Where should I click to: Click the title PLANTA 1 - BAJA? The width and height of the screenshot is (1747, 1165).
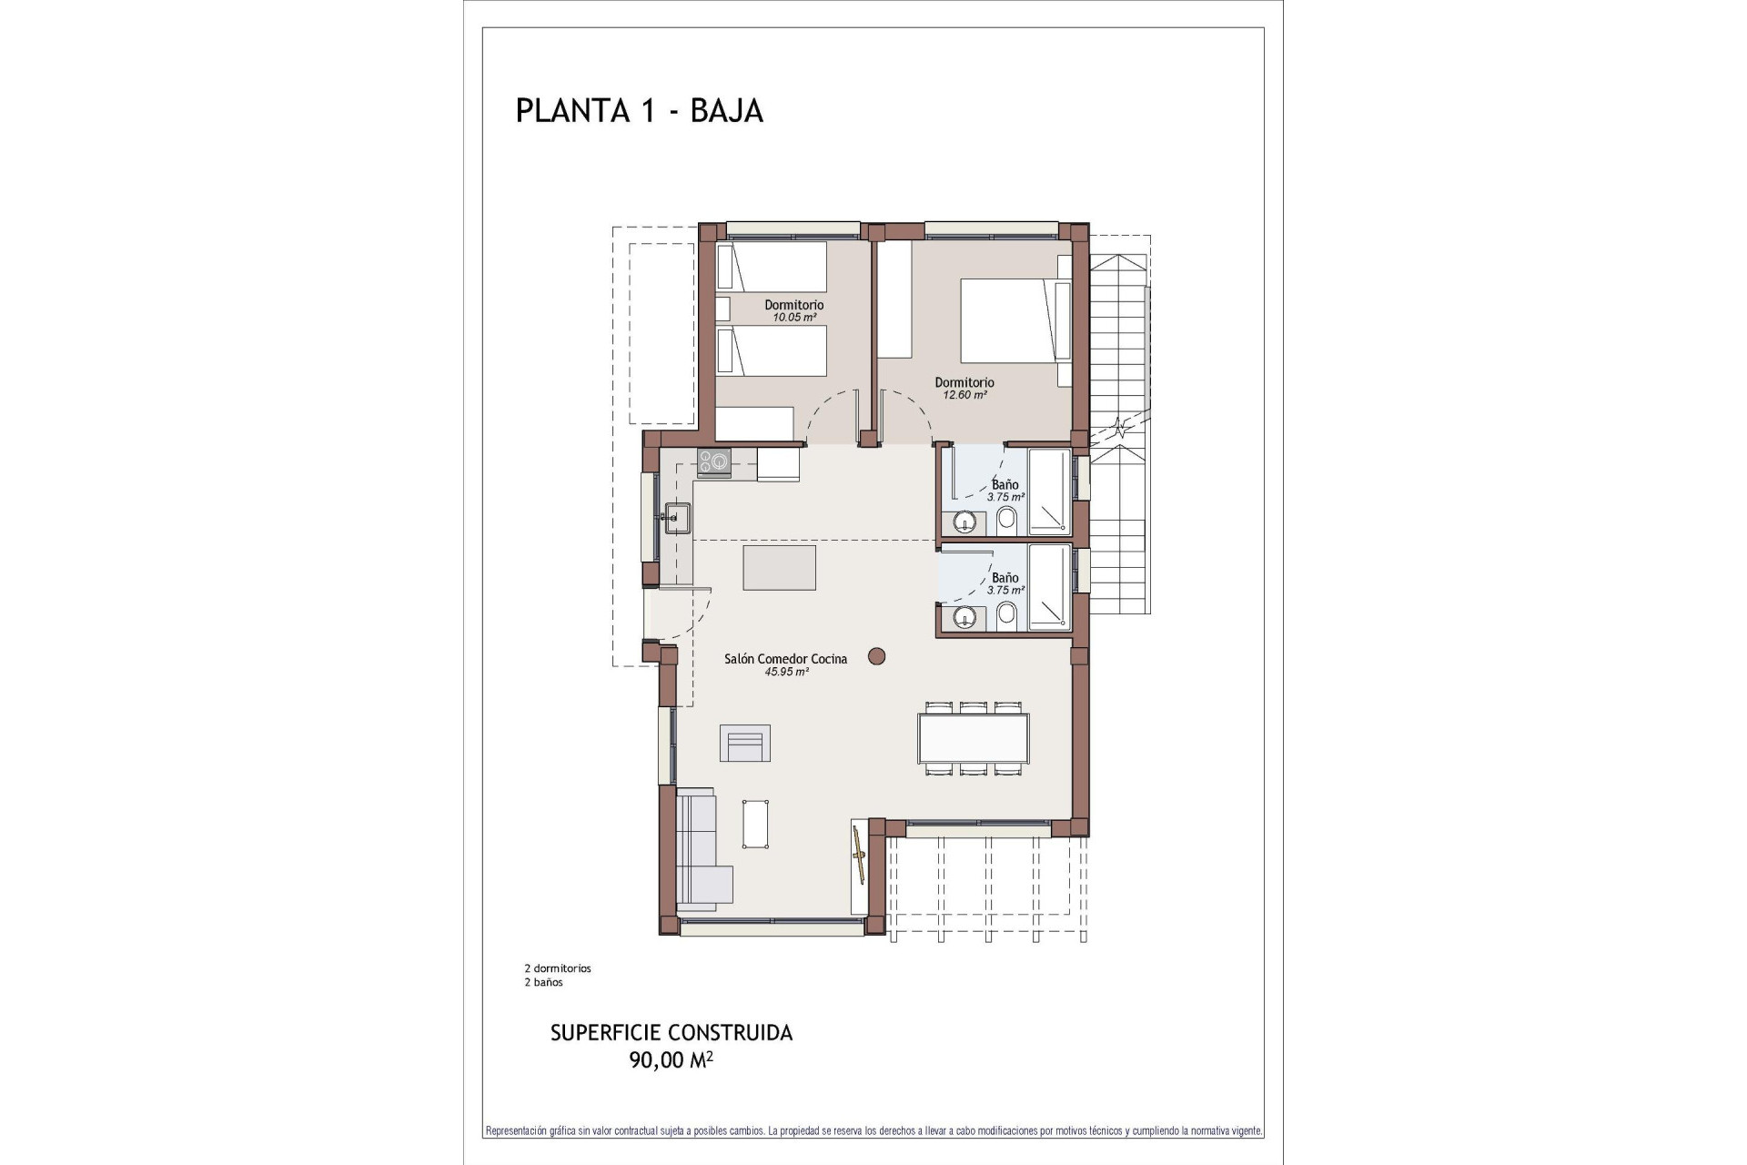pyautogui.click(x=639, y=110)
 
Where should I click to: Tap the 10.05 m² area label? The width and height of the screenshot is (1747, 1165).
pyautogui.click(x=793, y=318)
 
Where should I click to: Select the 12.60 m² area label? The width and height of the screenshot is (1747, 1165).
pyautogui.click(x=964, y=395)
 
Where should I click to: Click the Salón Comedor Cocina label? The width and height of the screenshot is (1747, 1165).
pyautogui.click(x=785, y=659)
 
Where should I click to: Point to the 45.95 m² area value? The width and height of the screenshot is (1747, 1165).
pyautogui.click(x=786, y=672)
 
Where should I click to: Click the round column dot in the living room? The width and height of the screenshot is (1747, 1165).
pyautogui.click(x=877, y=655)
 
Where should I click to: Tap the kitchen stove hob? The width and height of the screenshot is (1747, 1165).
pyautogui.click(x=713, y=462)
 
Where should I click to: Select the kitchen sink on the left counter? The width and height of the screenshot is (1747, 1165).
pyautogui.click(x=677, y=517)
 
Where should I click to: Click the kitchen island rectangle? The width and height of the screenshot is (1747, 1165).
pyautogui.click(x=779, y=568)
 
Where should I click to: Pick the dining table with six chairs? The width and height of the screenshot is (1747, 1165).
pyautogui.click(x=973, y=738)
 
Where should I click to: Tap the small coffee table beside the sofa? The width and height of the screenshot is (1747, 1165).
pyautogui.click(x=755, y=824)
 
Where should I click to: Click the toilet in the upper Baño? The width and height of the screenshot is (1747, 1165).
pyautogui.click(x=1006, y=521)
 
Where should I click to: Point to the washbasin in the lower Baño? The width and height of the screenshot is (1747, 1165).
pyautogui.click(x=964, y=618)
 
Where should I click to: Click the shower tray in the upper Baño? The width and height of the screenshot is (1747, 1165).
pyautogui.click(x=1049, y=491)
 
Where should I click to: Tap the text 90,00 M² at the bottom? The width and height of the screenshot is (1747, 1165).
pyautogui.click(x=671, y=1059)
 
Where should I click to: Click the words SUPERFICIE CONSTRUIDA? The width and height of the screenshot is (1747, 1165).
pyautogui.click(x=671, y=1033)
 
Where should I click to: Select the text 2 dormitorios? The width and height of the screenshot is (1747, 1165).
pyautogui.click(x=557, y=968)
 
